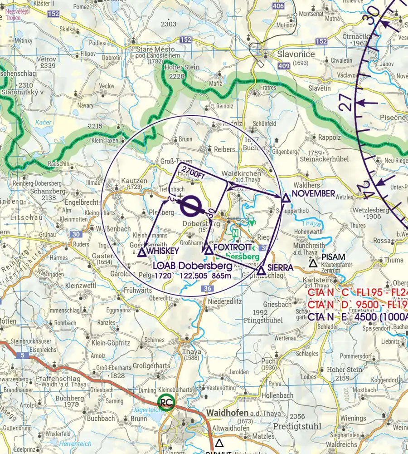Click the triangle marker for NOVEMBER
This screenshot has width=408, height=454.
tap(286, 198)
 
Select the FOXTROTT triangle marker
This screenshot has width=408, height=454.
tap(209, 250)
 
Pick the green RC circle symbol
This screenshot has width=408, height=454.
tap(165, 402)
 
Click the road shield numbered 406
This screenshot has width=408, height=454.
tap(278, 6)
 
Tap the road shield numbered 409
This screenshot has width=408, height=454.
tap(284, 66)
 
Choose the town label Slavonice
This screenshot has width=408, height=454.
tap(296, 54)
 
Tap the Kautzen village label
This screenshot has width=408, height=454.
tap(134, 181)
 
